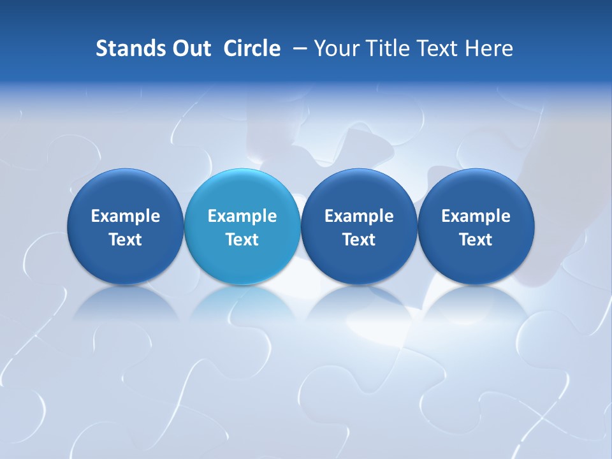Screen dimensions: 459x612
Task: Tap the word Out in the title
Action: pyautogui.click(x=190, y=48)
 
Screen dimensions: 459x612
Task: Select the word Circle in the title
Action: pyautogui.click(x=252, y=48)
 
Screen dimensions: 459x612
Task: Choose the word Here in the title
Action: pyautogui.click(x=490, y=48)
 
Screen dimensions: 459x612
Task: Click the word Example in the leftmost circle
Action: pyautogui.click(x=126, y=216)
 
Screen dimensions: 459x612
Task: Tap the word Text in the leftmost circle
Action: pyautogui.click(x=126, y=240)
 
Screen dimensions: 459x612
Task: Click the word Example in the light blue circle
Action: pyautogui.click(x=242, y=216)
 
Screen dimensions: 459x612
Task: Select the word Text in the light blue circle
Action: pyautogui.click(x=242, y=240)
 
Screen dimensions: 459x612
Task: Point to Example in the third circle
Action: pyautogui.click(x=359, y=216)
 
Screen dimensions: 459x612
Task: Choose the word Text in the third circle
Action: pyautogui.click(x=359, y=240)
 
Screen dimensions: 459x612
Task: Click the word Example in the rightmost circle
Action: pyautogui.click(x=476, y=216)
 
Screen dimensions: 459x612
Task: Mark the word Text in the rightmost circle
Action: pyautogui.click(x=476, y=240)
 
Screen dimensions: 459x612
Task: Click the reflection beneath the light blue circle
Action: pyautogui.click(x=242, y=303)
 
